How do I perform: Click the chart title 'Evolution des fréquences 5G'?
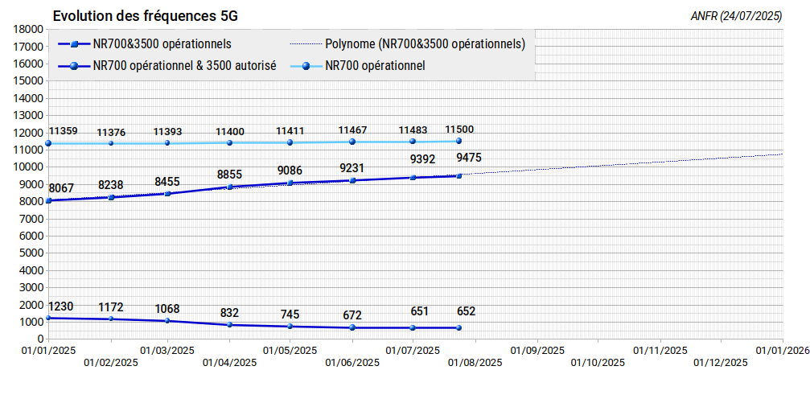[x=145, y=16]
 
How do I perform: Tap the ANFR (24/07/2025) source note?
[x=736, y=17]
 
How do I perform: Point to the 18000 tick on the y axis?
[x=29, y=30]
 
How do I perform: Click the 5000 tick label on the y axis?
[x=31, y=253]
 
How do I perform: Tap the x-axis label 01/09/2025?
[x=537, y=351]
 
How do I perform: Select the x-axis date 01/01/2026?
[x=782, y=351]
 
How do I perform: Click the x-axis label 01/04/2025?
[x=230, y=362]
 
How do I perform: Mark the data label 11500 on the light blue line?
[x=459, y=130]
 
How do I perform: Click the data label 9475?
[x=469, y=157]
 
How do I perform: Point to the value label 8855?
[x=229, y=175]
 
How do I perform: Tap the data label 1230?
[x=61, y=306]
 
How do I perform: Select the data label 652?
[x=466, y=311]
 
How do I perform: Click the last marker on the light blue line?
[x=458, y=141]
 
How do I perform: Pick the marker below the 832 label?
[x=230, y=324]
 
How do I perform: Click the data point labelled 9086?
[x=290, y=183]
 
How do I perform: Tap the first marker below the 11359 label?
[x=48, y=143]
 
